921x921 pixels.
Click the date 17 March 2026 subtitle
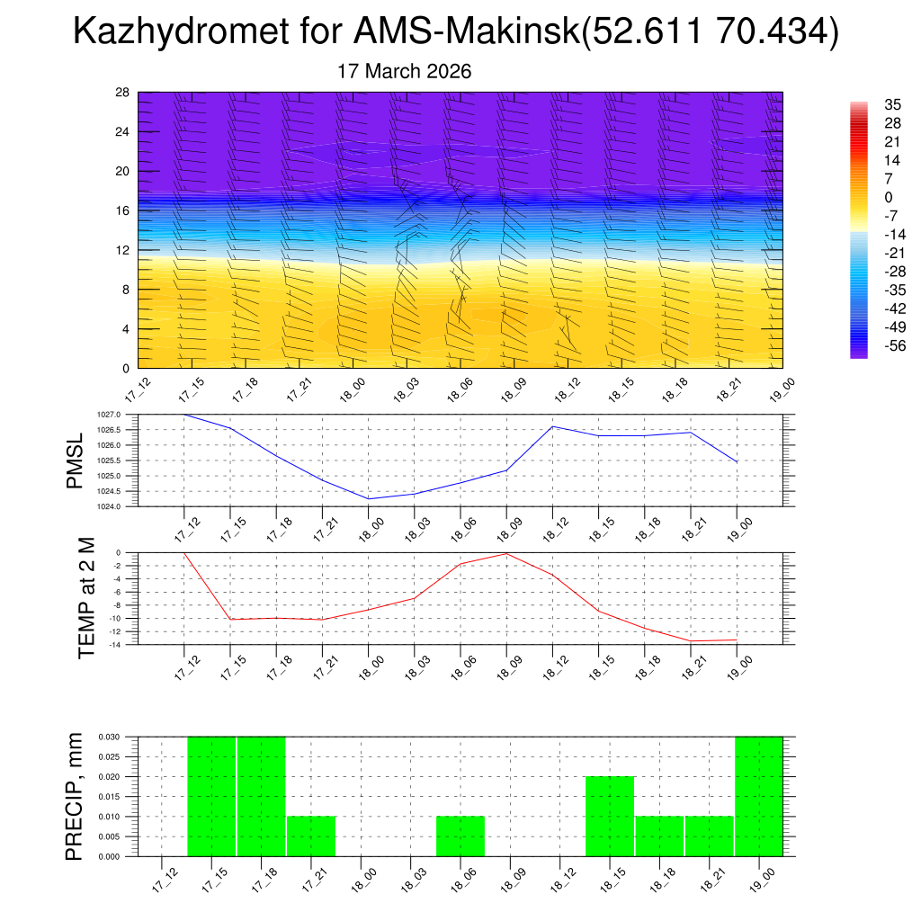pyautogui.click(x=405, y=71)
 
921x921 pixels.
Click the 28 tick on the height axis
pyautogui.click(x=123, y=93)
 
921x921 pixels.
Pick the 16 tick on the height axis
pyautogui.click(x=123, y=210)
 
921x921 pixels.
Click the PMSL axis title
pyautogui.click(x=76, y=460)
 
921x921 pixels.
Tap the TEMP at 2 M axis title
pyautogui.click(x=85, y=598)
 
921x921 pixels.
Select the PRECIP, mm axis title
pyautogui.click(x=76, y=796)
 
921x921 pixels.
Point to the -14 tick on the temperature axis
pyautogui.click(x=115, y=644)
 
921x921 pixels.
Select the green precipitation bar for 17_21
pyautogui.click(x=311, y=836)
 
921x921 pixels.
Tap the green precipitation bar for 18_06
pyautogui.click(x=460, y=836)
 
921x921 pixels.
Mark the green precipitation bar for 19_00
pyautogui.click(x=759, y=797)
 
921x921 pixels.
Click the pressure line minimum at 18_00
pyautogui.click(x=369, y=498)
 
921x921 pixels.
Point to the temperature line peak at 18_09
pyautogui.click(x=506, y=553)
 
